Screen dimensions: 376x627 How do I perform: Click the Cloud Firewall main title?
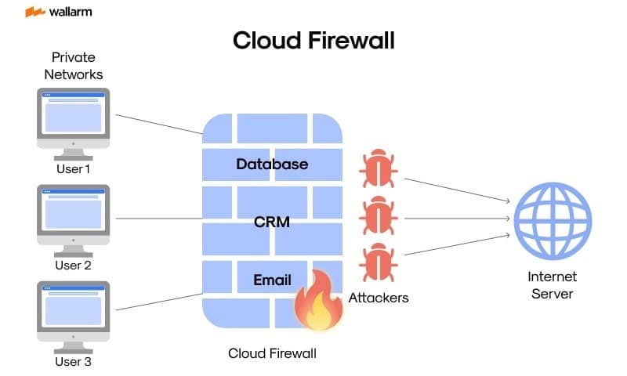[313, 41]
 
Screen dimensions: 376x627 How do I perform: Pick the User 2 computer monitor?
[74, 216]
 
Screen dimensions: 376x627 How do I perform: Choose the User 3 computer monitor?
[74, 313]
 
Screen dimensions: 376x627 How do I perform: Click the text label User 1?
[73, 168]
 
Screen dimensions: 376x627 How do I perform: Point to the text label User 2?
[73, 266]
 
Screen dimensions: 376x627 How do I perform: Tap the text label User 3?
[73, 362]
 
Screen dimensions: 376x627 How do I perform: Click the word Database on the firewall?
[272, 164]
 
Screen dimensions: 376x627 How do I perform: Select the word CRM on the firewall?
[272, 222]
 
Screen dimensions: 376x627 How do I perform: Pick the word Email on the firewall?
[272, 280]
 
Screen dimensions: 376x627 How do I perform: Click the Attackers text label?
[379, 298]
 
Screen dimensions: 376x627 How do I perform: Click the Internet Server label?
[552, 285]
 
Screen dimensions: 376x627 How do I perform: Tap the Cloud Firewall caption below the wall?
[272, 353]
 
